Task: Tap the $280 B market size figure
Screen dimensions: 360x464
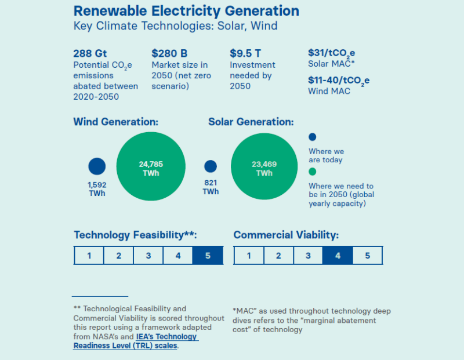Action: pyautogui.click(x=170, y=53)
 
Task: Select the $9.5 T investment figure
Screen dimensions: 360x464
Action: pyautogui.click(x=245, y=53)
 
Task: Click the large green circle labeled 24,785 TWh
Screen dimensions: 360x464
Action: pyautogui.click(x=151, y=168)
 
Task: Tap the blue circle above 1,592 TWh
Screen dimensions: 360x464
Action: pyautogui.click(x=97, y=166)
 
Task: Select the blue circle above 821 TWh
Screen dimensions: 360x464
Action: pyautogui.click(x=211, y=166)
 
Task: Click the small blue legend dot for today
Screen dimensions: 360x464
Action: pyautogui.click(x=312, y=137)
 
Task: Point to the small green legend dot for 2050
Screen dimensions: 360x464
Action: pyautogui.click(x=312, y=172)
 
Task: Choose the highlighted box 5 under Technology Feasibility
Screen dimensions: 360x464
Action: pyautogui.click(x=208, y=256)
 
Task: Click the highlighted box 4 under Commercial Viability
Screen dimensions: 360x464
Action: pyautogui.click(x=338, y=256)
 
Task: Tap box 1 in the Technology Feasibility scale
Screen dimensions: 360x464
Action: pyautogui.click(x=89, y=256)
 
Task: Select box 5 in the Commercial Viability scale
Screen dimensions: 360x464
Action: pyautogui.click(x=368, y=256)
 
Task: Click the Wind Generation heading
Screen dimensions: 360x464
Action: pyautogui.click(x=116, y=122)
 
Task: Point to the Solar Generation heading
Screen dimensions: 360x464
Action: pyautogui.click(x=251, y=122)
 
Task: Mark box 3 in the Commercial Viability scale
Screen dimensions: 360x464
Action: pyautogui.click(x=308, y=256)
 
